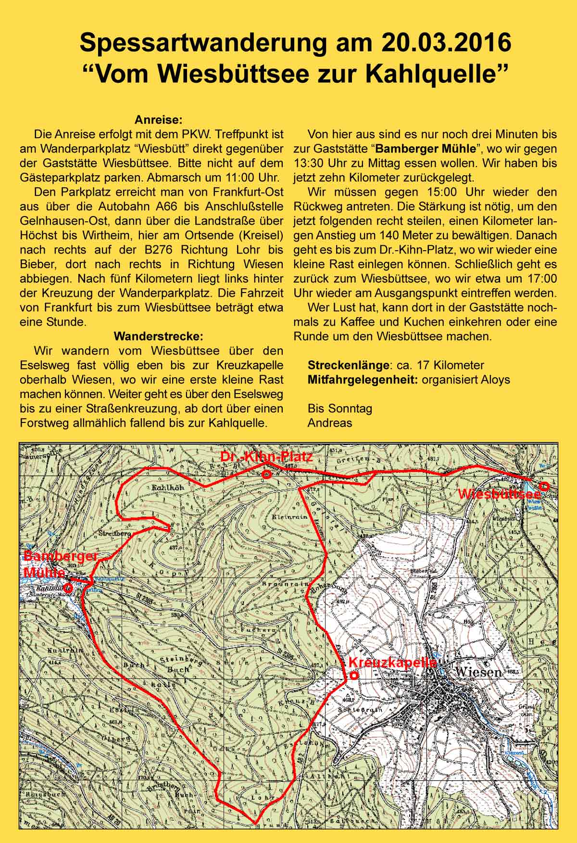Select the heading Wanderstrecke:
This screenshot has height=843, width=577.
coord(158,336)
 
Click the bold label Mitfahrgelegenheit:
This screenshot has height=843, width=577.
coord(363,380)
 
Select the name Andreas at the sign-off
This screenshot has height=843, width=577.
coord(329,423)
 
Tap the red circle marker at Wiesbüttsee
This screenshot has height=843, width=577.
coord(544,486)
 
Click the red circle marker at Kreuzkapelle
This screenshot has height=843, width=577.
coord(353,675)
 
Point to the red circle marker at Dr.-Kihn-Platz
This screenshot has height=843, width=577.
coord(267,474)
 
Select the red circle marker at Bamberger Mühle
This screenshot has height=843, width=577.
coord(69,588)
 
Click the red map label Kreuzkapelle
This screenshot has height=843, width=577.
coord(393,663)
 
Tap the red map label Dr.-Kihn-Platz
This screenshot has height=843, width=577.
coord(266,457)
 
